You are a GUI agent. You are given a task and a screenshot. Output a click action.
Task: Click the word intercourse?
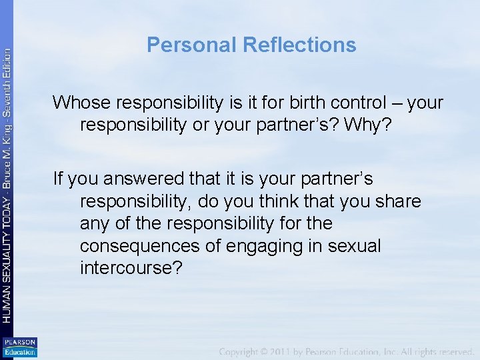tap(130, 267)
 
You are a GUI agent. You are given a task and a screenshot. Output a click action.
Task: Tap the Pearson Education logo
tap(19, 347)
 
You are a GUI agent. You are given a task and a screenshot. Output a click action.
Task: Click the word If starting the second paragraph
tap(57, 179)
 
